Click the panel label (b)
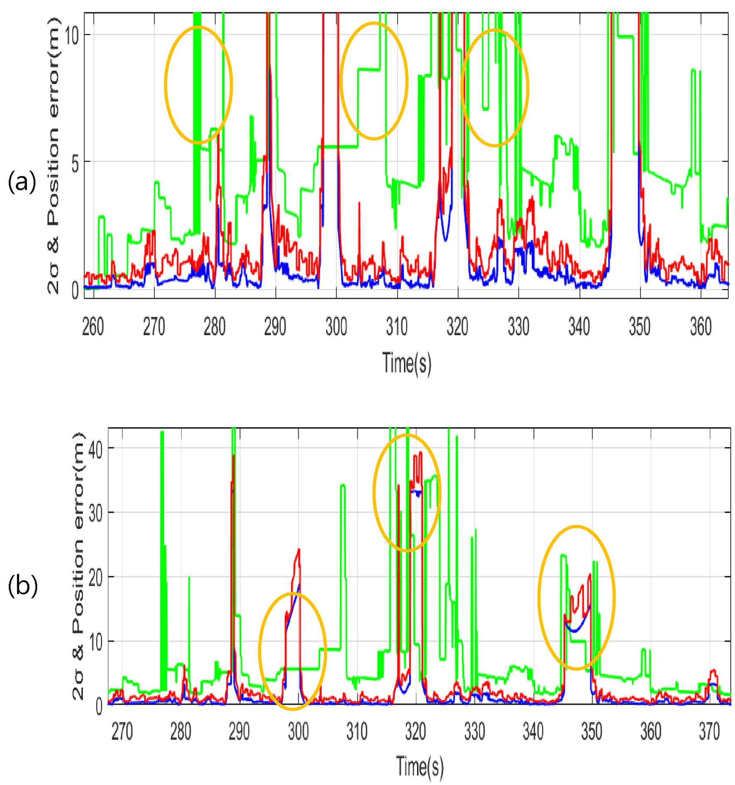point(23,586)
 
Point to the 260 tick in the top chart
point(93,326)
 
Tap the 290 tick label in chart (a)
point(275,326)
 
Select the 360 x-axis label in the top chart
point(701,326)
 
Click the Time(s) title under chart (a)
point(407,363)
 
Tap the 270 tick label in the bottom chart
point(122,731)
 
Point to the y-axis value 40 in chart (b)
point(95,450)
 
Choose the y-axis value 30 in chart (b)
point(95,514)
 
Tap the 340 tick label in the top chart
point(579,326)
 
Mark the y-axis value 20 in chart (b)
point(95,578)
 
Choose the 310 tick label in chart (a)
point(397,326)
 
